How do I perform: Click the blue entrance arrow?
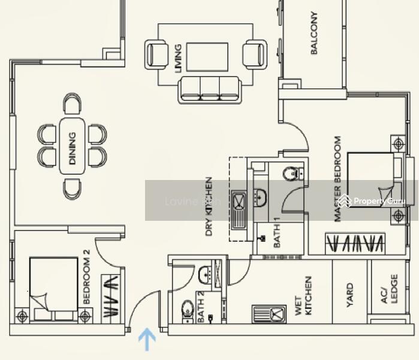pos(147,340)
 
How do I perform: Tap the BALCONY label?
pos(314,34)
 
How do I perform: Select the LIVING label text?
pos(177,59)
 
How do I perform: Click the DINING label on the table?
pos(73,148)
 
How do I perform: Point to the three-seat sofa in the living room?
pos(208,89)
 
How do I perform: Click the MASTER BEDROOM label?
pos(337,179)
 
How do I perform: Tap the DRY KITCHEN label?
pos(209,206)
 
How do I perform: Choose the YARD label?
pos(350,295)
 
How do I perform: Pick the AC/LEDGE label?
pos(390,289)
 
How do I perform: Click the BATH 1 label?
pos(277,233)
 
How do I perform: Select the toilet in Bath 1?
pos(290,174)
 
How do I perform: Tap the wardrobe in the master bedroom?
pos(355,244)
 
